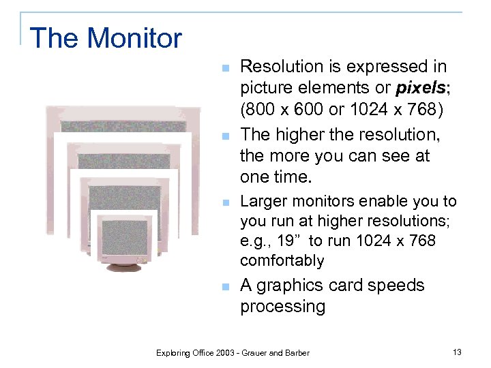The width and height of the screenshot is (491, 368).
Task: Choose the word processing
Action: (x=282, y=307)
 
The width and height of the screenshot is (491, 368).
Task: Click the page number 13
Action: (x=456, y=352)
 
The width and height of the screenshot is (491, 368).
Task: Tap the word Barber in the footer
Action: (x=295, y=352)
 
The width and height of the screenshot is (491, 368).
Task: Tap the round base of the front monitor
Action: (x=123, y=266)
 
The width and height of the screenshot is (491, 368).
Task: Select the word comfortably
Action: (x=282, y=260)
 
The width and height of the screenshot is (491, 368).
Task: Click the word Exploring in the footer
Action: (x=175, y=352)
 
